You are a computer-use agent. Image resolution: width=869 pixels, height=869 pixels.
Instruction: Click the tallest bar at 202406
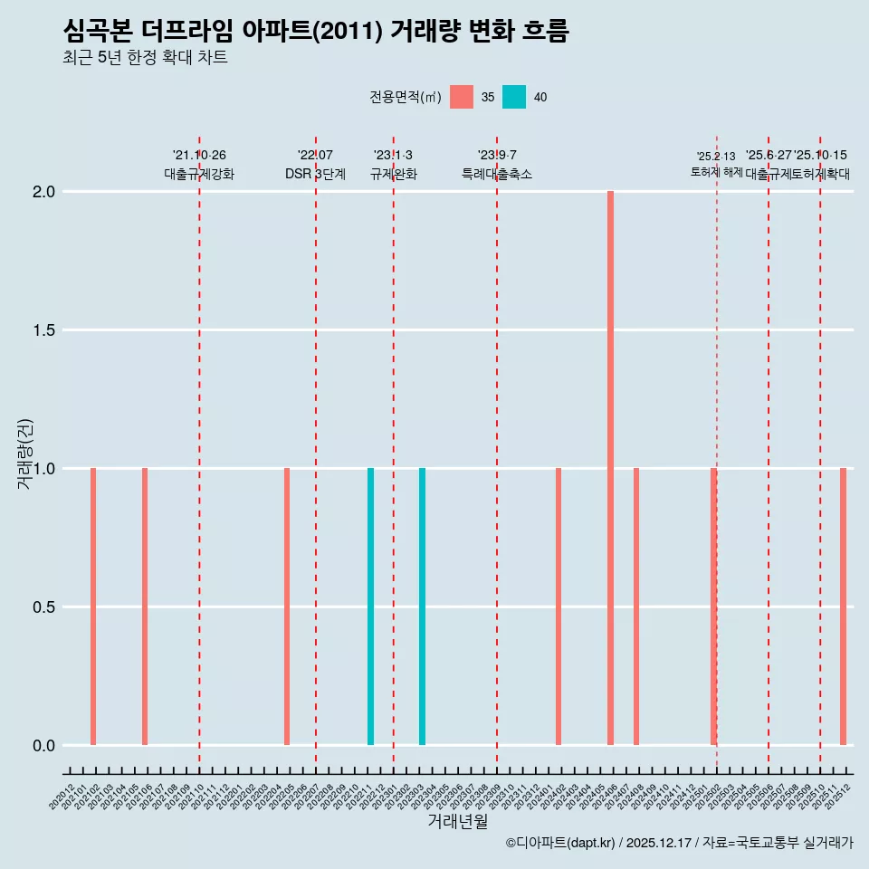coord(611,468)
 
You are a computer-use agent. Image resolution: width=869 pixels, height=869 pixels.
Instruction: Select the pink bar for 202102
coord(93,606)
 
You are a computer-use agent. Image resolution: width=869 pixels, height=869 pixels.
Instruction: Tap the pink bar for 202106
coord(145,606)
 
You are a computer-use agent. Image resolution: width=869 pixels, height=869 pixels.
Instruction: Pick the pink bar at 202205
coord(287,606)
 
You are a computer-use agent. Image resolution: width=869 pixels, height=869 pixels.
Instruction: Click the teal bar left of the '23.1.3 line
coord(370,606)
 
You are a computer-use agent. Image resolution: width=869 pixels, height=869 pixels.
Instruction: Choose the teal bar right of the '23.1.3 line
coord(422,606)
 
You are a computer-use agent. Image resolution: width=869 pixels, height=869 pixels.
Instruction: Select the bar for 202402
coord(559,606)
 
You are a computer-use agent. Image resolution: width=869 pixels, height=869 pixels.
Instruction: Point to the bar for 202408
coord(636,606)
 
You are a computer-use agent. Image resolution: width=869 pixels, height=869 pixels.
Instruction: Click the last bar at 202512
coord(843,606)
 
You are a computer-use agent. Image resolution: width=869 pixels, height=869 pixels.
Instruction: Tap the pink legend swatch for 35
coord(462,97)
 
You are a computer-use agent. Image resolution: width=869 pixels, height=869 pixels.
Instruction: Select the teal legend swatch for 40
coord(514,97)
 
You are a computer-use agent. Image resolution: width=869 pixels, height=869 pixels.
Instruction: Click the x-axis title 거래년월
coord(457,822)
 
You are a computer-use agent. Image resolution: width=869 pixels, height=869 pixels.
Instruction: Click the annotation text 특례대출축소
coord(497,174)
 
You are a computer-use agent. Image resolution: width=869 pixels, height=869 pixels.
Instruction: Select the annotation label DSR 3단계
coord(315,174)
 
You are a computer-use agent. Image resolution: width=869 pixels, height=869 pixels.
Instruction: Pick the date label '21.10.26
coord(199,156)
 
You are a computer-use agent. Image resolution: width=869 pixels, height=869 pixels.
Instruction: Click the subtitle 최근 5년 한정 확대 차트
coord(145,58)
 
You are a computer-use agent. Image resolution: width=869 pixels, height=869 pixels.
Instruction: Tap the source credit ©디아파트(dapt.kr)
coord(561,844)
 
